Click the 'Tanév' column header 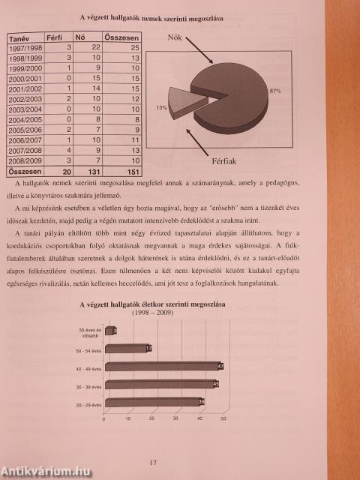tap(19, 37)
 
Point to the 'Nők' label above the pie tap(175, 37)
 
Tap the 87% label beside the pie tap(275, 91)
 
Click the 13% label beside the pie tap(161, 108)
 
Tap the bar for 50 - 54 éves tap(127, 347)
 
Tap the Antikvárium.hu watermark tap(45, 470)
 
